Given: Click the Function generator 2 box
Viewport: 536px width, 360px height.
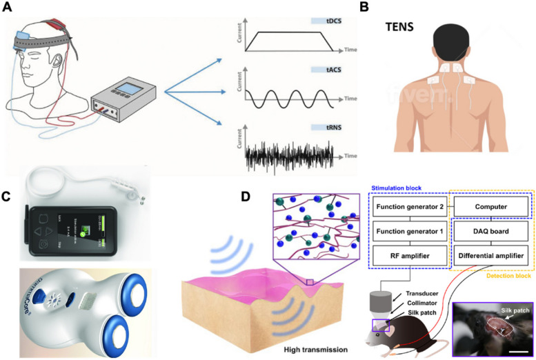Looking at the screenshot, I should (x=408, y=207).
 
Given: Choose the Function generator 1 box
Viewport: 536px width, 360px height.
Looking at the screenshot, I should (x=408, y=231).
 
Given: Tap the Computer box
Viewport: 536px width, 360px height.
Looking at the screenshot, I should (x=490, y=207).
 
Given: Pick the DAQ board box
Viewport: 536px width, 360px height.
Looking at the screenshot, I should (x=490, y=231).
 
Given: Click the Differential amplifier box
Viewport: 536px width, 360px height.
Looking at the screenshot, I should (x=490, y=255).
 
